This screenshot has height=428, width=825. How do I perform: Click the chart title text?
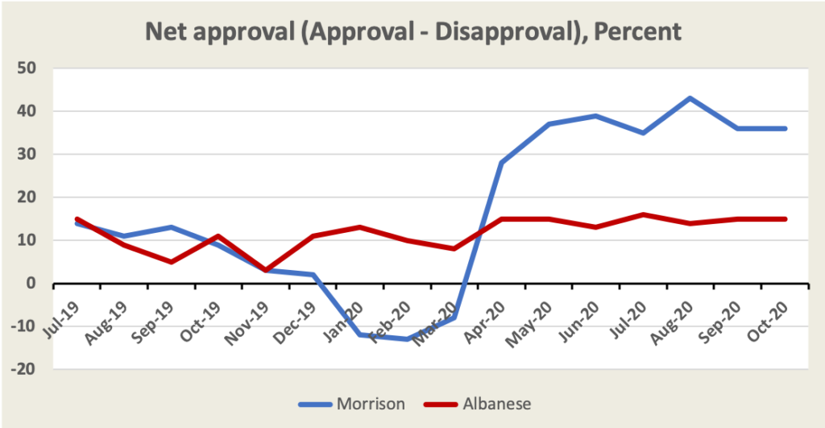(x=412, y=32)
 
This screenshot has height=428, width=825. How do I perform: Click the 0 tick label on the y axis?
(x=35, y=284)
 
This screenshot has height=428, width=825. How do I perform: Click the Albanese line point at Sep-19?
(x=170, y=262)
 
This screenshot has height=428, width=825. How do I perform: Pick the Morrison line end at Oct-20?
(x=786, y=128)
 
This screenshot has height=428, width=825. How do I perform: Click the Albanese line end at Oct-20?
(x=786, y=218)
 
